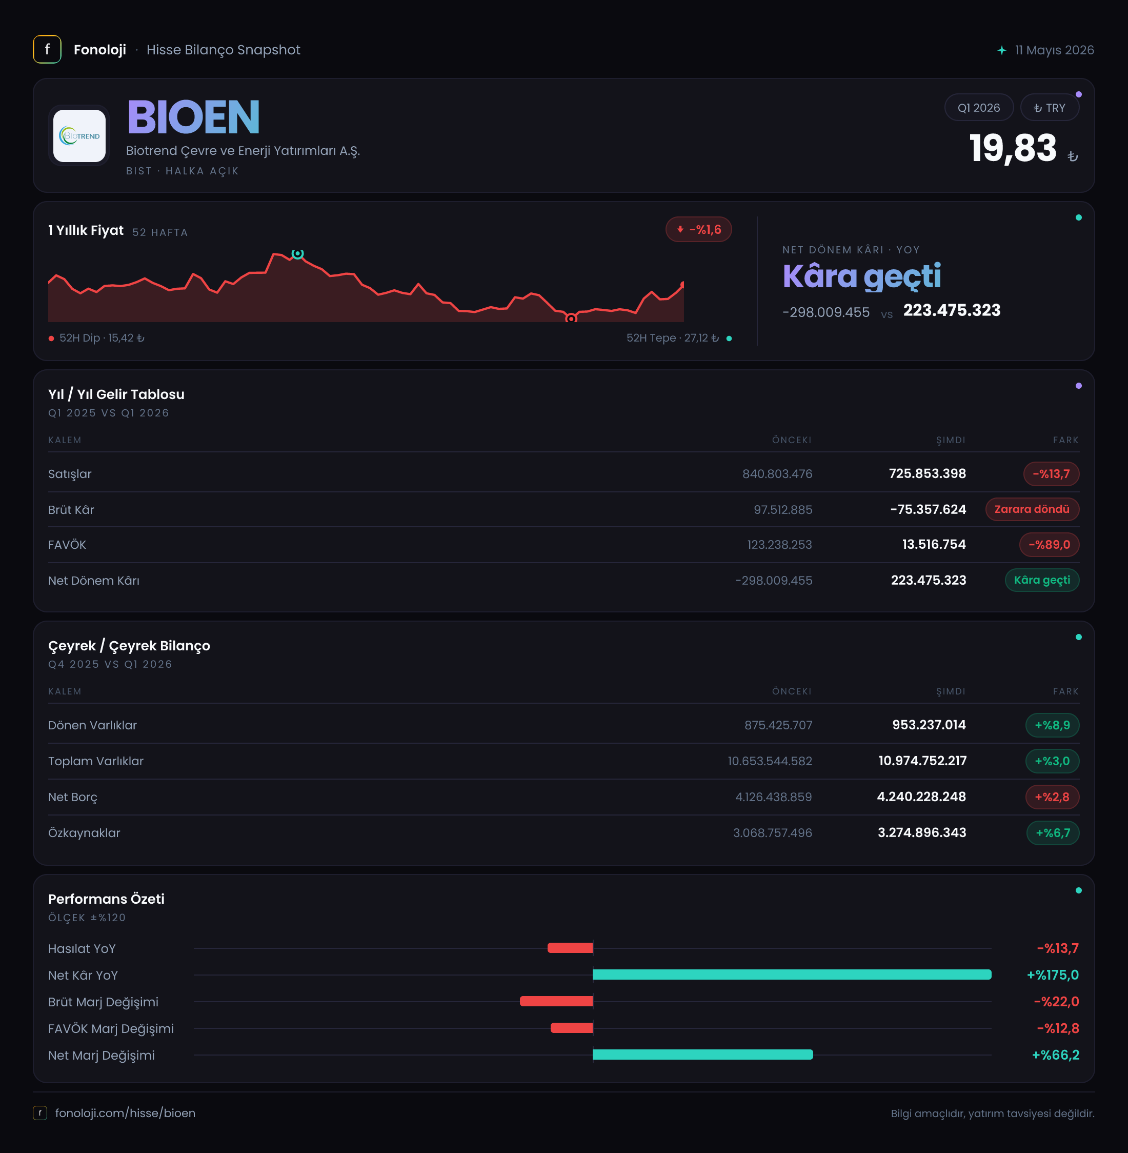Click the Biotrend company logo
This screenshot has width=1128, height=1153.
pyautogui.click(x=79, y=136)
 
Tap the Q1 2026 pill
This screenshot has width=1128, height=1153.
pyautogui.click(x=979, y=108)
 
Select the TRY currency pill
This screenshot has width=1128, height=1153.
pyautogui.click(x=1049, y=108)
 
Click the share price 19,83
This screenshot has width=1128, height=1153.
pyautogui.click(x=1013, y=148)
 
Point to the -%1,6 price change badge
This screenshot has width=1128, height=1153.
pyautogui.click(x=698, y=229)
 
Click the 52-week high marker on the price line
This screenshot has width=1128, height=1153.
pyautogui.click(x=297, y=253)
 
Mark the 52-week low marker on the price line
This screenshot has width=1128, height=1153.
pyautogui.click(x=571, y=319)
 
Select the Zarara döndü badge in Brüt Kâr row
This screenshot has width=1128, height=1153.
pyautogui.click(x=1032, y=509)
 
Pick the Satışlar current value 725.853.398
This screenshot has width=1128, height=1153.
pyautogui.click(x=927, y=473)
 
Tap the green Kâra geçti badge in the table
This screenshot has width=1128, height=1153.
pyautogui.click(x=1041, y=580)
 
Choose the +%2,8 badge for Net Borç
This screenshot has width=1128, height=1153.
pyautogui.click(x=1052, y=797)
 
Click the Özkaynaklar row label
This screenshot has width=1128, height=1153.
pyautogui.click(x=84, y=832)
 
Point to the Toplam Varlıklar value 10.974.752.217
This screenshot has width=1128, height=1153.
pyautogui.click(x=922, y=761)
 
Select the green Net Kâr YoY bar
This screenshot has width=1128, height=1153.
pyautogui.click(x=792, y=975)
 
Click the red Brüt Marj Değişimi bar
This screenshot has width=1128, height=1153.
pyautogui.click(x=556, y=1001)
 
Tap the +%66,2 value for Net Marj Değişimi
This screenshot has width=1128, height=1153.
pyautogui.click(x=1056, y=1055)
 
